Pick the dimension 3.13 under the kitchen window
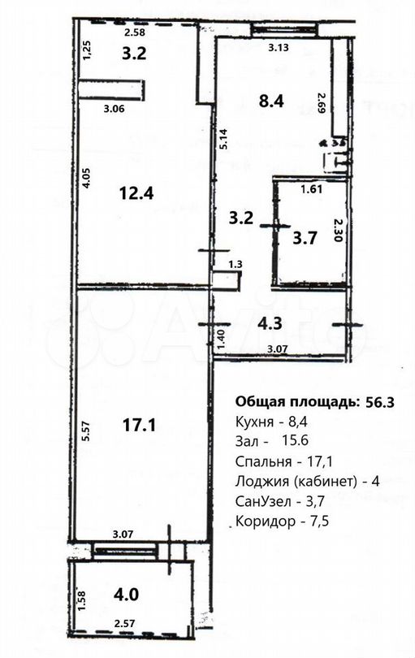pos(279,46)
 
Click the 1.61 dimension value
pos(312,190)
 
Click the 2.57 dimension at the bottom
pos(124,623)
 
